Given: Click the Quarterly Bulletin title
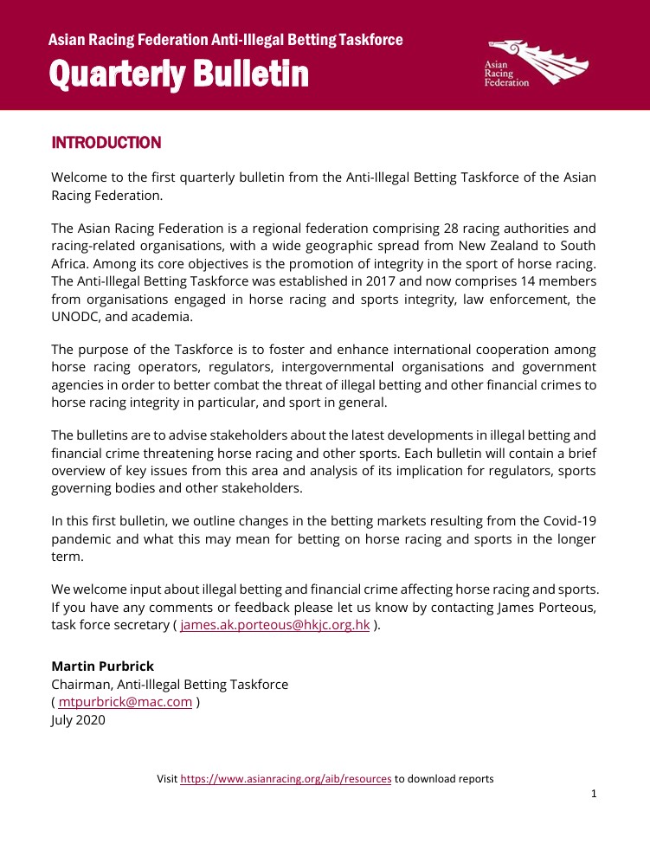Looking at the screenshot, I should point(179,74).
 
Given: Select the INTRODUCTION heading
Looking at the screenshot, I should point(106,143).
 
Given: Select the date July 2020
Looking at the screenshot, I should point(78,719).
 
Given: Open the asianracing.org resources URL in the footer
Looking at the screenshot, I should point(286,779).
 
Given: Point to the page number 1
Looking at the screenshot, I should point(594,795).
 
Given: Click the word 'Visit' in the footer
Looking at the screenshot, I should point(167,779).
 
